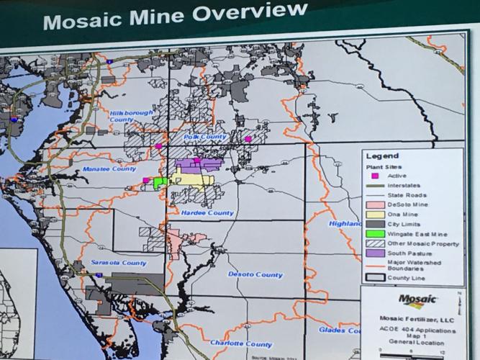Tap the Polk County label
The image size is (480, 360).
coord(205,137)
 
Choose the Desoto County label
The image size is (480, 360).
coord(250,274)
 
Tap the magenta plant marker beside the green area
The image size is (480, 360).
coord(146,181)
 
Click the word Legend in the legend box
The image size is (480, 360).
coord(381,156)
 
